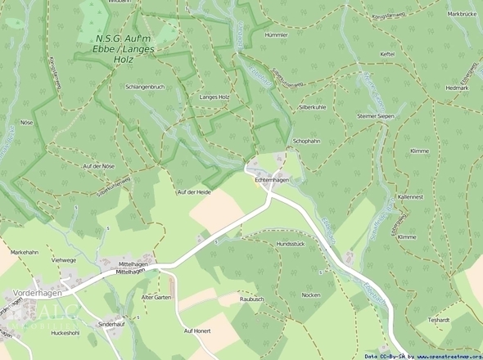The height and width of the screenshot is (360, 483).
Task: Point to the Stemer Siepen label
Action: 376,116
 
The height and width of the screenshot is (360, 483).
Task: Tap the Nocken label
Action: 311,294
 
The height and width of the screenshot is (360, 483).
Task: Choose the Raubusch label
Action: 252,300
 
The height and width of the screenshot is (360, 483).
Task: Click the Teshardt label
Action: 439,320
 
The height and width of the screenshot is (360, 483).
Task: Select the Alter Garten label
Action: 156,296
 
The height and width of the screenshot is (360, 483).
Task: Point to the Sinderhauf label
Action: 112,325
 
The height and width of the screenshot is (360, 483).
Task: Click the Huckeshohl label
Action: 65,333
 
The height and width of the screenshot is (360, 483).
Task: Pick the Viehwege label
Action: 64,259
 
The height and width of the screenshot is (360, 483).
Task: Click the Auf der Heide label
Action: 194,191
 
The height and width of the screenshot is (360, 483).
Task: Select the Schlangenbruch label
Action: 145,86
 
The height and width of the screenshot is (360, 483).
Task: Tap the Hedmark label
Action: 456,88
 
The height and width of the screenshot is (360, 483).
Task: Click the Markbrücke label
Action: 463,14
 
